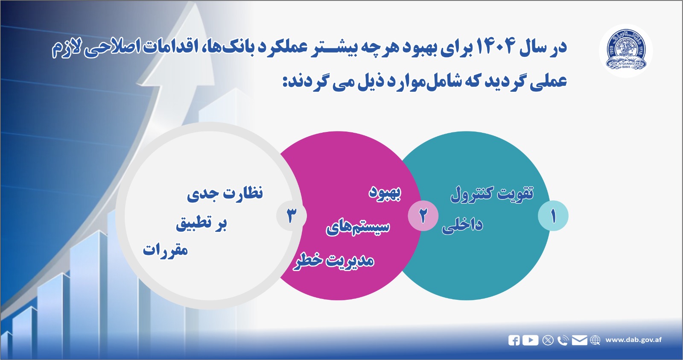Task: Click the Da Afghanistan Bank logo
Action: tap(626, 50)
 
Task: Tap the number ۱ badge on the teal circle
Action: tap(553, 216)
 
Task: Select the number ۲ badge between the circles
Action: tap(423, 216)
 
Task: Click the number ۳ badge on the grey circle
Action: tap(291, 216)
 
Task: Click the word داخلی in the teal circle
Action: tap(462, 225)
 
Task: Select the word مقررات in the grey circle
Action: tap(165, 250)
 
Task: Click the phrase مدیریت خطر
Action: tap(334, 260)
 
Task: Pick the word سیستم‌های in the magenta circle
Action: tap(358, 227)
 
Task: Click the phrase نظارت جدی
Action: tap(225, 193)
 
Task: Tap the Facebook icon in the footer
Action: tap(514, 340)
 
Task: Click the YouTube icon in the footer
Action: tap(530, 340)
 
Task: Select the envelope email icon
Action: tap(579, 340)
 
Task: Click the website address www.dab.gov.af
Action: tap(633, 340)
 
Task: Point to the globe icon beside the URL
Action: tap(595, 340)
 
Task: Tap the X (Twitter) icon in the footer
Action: tap(548, 340)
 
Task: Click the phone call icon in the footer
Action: tap(563, 340)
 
